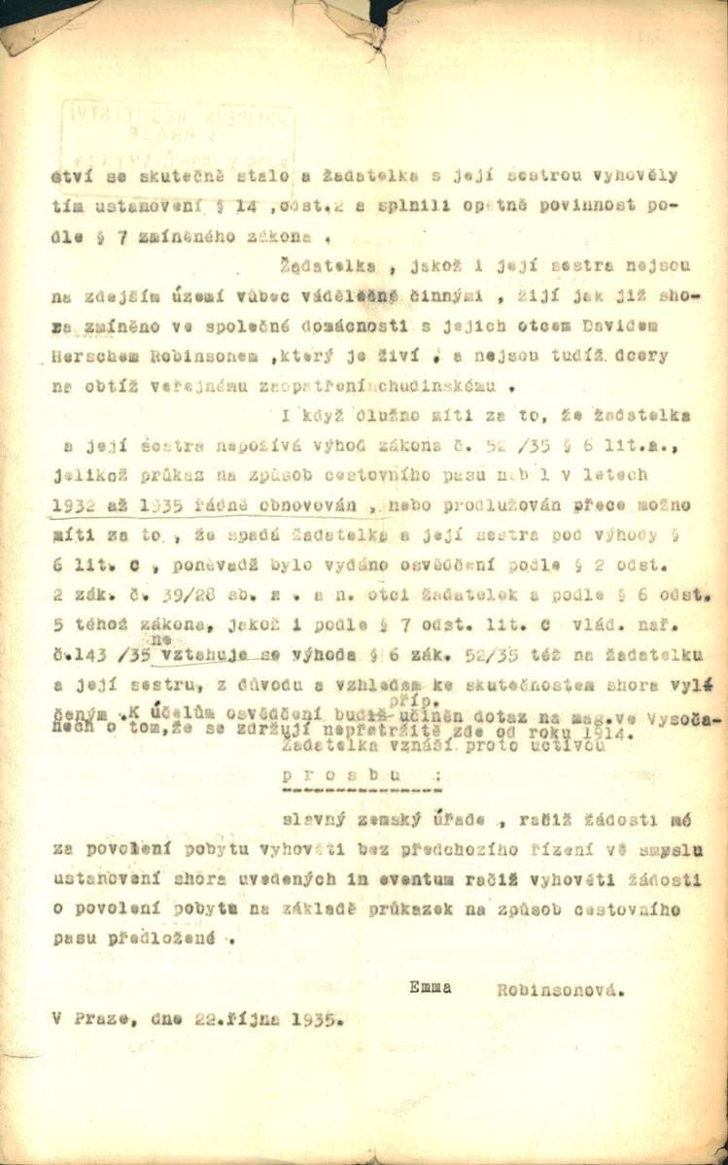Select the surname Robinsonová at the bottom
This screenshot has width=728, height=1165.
click(x=558, y=992)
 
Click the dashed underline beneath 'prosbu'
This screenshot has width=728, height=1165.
click(x=332, y=792)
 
